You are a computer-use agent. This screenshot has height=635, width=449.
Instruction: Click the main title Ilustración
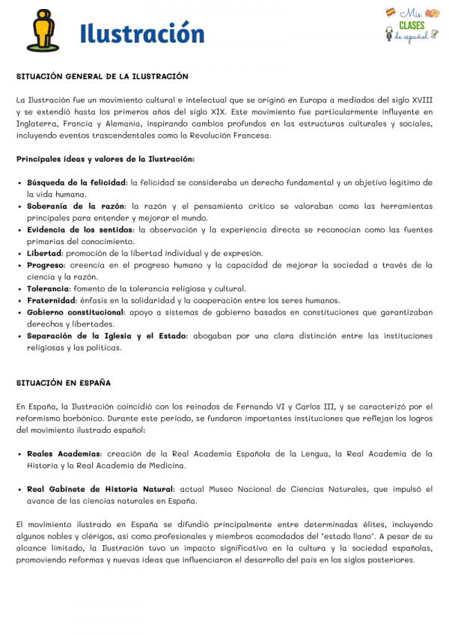pyautogui.click(x=141, y=34)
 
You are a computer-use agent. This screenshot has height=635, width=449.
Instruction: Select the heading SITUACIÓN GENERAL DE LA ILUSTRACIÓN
pyautogui.click(x=103, y=76)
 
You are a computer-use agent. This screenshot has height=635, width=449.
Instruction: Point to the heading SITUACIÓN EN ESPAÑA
pyautogui.click(x=64, y=383)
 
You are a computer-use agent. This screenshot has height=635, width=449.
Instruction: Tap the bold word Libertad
pyautogui.click(x=44, y=253)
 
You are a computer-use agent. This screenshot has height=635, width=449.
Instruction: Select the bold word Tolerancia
pyautogui.click(x=48, y=288)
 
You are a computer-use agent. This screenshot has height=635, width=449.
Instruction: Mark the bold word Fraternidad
pyautogui.click(x=49, y=300)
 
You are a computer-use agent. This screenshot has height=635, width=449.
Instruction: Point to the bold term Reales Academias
pyautogui.click(x=64, y=454)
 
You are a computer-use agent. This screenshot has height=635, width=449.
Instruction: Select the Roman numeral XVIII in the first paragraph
pyautogui.click(x=421, y=100)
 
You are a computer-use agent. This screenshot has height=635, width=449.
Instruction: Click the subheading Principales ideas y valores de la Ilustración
pyautogui.click(x=105, y=159)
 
